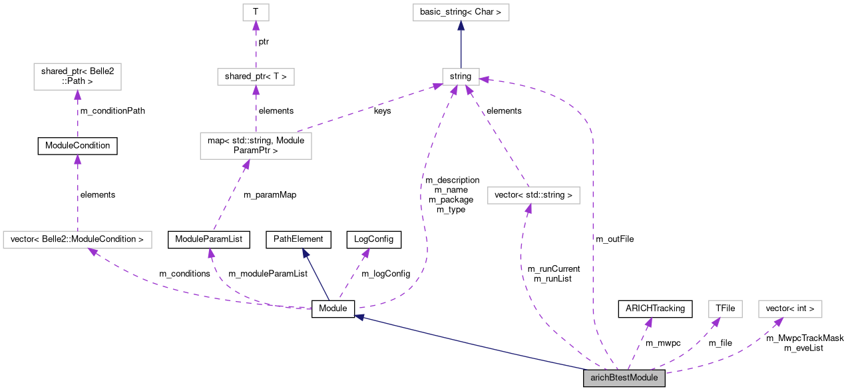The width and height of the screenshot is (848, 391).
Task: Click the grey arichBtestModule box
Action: click(624, 378)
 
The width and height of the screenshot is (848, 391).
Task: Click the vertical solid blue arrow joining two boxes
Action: click(461, 47)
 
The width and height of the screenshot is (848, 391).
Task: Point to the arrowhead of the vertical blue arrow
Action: click(461, 26)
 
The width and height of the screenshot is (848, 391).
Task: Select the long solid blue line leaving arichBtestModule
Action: click(473, 342)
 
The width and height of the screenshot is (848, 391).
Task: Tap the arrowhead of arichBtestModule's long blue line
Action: click(359, 317)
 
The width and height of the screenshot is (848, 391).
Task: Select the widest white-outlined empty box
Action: click(77, 240)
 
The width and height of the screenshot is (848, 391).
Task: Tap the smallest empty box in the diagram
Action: click(256, 12)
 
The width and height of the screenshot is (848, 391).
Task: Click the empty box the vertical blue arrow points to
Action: click(461, 12)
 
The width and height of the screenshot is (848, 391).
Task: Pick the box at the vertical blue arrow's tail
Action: click(461, 77)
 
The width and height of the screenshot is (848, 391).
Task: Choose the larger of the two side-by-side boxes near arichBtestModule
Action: click(790, 309)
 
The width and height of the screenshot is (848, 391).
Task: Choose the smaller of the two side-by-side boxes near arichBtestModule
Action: click(725, 309)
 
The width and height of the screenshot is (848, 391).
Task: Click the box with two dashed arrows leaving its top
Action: click(256, 146)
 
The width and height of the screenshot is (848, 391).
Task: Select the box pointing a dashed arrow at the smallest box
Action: click(256, 77)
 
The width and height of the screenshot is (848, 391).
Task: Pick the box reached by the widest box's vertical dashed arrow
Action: click(77, 77)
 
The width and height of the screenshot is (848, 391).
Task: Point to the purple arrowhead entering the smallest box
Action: click(256, 25)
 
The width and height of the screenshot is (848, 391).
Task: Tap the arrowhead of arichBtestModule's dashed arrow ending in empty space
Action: click(648, 322)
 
